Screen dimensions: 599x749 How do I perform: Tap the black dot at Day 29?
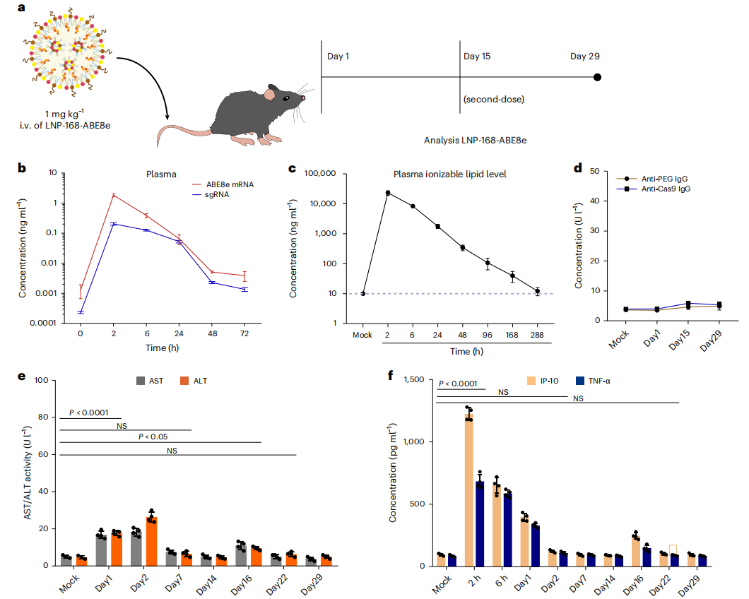[597, 77]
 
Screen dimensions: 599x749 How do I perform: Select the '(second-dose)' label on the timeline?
[494, 99]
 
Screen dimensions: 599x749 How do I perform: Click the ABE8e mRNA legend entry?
[225, 184]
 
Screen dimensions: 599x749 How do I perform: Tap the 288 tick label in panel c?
[537, 334]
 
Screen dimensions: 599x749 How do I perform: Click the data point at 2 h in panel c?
[388, 192]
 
